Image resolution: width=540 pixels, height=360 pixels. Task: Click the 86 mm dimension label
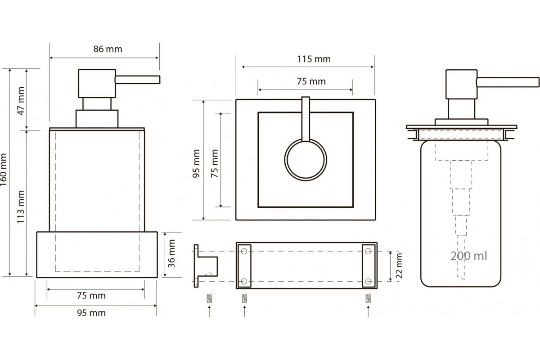pyautogui.click(x=108, y=49)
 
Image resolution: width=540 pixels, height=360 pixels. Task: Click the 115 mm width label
pyautogui.click(x=314, y=59)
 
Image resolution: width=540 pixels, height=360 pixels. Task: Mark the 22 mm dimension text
pyautogui.click(x=399, y=266)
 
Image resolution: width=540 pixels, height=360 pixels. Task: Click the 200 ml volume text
pyautogui.click(x=468, y=256)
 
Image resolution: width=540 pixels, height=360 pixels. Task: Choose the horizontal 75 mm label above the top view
pyautogui.click(x=311, y=81)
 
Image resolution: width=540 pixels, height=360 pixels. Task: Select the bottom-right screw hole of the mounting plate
pyautogui.click(x=369, y=281)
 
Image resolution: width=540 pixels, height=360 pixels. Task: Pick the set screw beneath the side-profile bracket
pyautogui.click(x=208, y=298)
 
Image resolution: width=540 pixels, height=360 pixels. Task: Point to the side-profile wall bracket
pyautogui.click(x=205, y=265)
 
